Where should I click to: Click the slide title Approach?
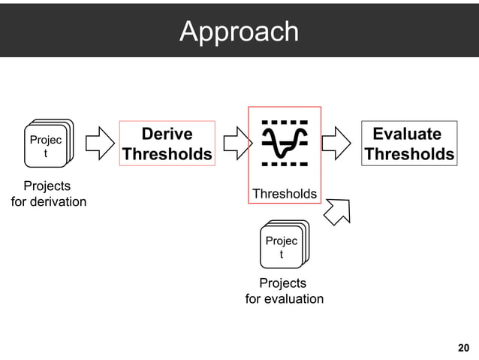[239, 32]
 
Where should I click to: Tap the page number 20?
[463, 347]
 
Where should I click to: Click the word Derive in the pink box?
[167, 134]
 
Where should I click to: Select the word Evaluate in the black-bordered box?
[407, 134]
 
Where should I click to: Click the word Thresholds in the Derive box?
[167, 155]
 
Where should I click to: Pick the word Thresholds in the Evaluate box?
[409, 155]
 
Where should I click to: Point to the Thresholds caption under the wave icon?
[285, 194]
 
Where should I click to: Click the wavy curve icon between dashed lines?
[285, 141]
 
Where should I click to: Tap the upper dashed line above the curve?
[285, 121]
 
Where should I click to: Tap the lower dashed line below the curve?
[285, 162]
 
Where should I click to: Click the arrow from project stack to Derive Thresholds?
[99, 142]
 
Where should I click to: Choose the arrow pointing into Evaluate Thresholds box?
[338, 142]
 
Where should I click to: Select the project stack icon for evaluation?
[282, 244]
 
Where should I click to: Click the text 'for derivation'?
[48, 201]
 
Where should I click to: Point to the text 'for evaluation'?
[285, 299]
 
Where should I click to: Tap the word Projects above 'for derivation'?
[47, 186]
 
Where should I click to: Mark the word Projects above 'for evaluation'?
[282, 283]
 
